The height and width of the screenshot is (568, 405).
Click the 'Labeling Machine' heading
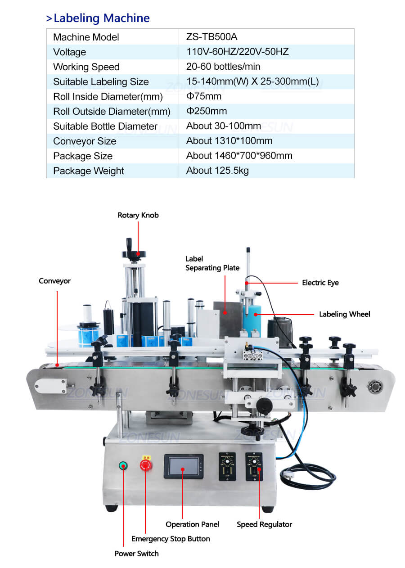101,18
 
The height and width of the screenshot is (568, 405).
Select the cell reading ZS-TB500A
211,37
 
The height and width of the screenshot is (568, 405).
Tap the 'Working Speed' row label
86,67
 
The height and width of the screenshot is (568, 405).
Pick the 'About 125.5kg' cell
217,171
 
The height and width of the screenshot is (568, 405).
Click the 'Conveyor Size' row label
85,141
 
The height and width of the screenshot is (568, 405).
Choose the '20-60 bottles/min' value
223,67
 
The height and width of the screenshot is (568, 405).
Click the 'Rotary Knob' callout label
138,215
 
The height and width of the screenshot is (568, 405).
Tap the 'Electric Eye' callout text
320,283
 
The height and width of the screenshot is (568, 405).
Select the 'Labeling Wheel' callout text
345,314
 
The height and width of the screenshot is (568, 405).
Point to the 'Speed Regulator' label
265,524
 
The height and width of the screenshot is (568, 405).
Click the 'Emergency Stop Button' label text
171,539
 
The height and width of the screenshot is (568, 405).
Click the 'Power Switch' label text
136,554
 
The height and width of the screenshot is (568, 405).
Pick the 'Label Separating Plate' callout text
212,263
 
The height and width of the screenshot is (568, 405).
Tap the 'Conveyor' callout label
54,281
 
